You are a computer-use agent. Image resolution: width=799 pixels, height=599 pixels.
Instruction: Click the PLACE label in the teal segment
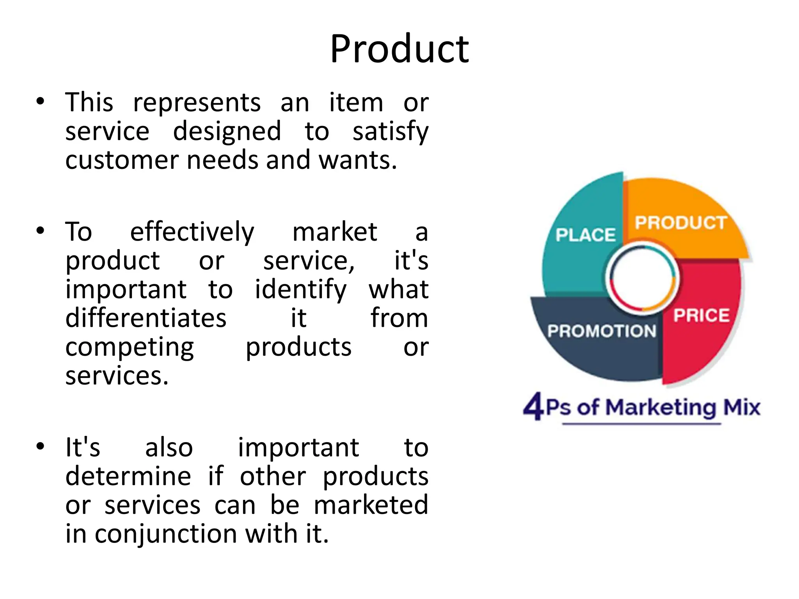pos(585,235)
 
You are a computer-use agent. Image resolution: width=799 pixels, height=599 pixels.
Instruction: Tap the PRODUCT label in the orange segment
pos(681,223)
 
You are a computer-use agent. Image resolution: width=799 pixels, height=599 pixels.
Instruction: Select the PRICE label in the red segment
pos(701,315)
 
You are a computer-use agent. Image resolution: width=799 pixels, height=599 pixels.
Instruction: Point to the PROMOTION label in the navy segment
pos(602,331)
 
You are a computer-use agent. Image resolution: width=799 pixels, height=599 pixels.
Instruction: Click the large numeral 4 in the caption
pos(533,407)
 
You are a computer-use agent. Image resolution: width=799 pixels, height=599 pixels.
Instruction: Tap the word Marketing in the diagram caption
pos(661,408)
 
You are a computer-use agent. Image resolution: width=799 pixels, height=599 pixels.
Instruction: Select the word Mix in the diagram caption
pos(742,407)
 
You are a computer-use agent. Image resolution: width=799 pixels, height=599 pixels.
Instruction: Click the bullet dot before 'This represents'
pos(40,102)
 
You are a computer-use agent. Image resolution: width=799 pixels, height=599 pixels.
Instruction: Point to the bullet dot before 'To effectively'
pos(40,231)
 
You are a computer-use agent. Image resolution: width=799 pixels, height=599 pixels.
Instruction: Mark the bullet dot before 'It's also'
pos(40,447)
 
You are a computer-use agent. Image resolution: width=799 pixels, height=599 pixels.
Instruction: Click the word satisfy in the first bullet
pos(390,132)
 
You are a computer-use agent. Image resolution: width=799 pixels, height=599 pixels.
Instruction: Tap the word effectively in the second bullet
pos(192,232)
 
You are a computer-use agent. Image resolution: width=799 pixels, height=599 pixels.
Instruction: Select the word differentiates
pos(146,318)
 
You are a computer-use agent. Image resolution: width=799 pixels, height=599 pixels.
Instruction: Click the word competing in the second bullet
pos(130,347)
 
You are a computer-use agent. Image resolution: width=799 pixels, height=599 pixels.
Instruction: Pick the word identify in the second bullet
pos(300,290)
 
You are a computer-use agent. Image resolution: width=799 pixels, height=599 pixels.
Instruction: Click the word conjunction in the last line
pos(166,534)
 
